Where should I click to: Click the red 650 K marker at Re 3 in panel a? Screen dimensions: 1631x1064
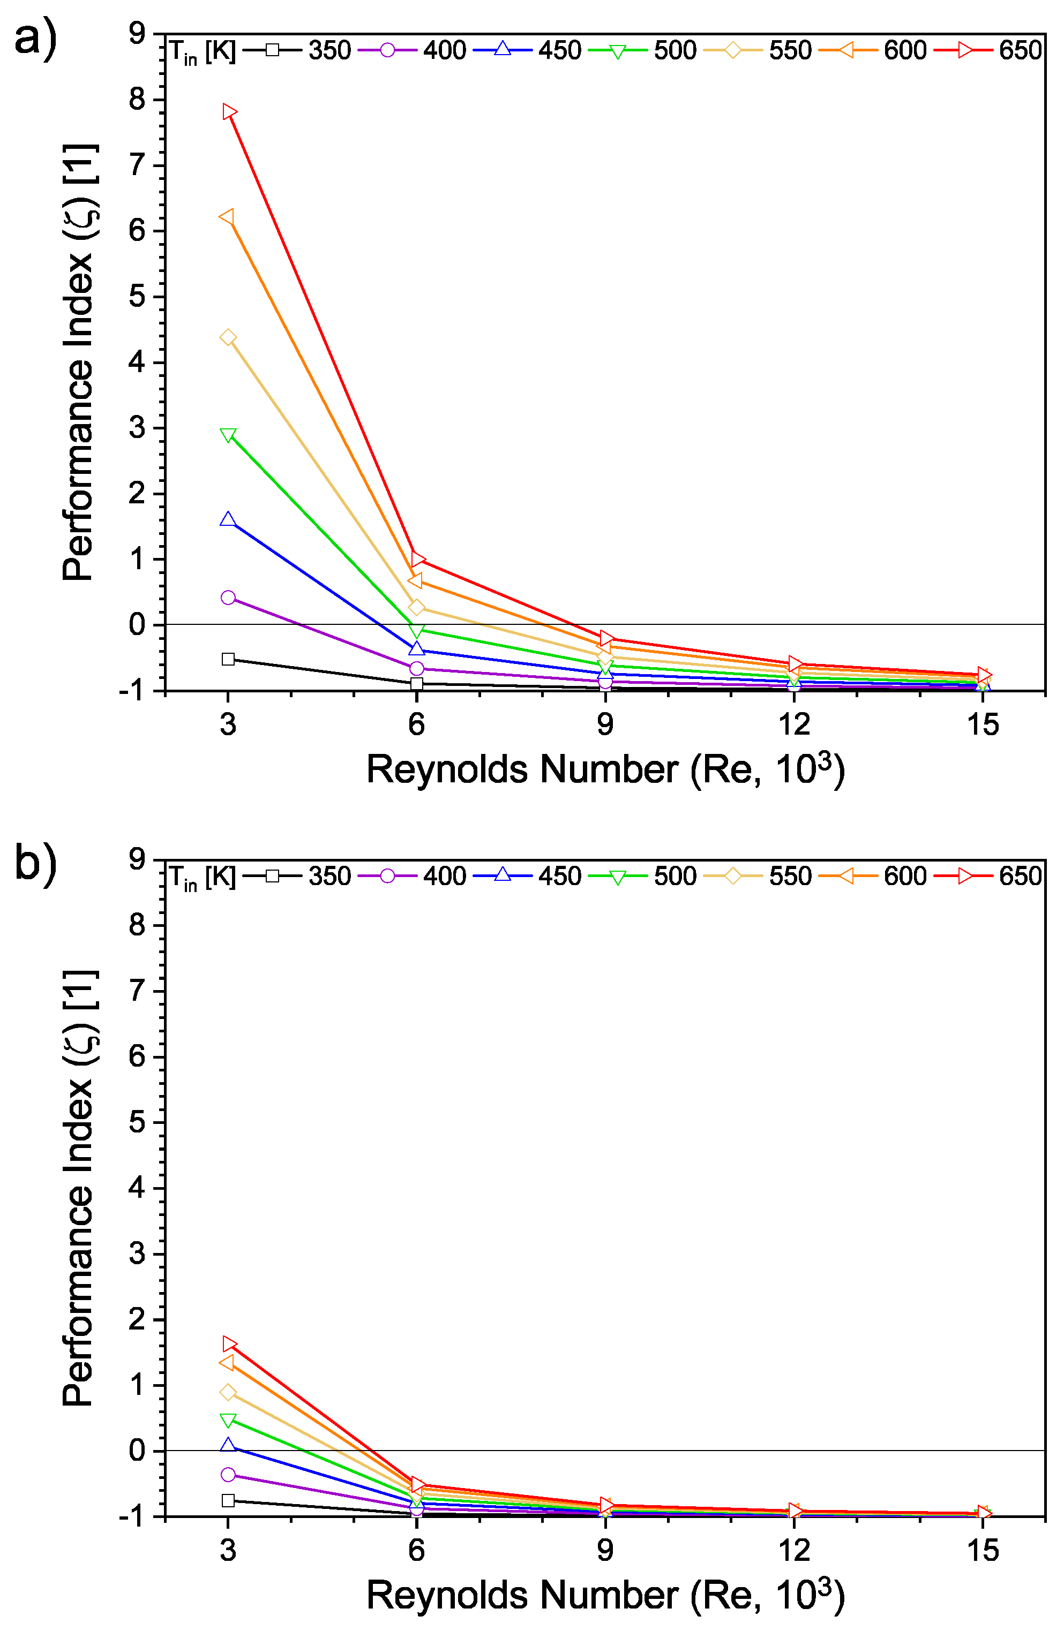tap(229, 112)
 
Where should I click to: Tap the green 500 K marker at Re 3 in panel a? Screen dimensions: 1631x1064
tap(228, 436)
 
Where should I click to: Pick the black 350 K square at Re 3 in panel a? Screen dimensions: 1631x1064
tap(228, 659)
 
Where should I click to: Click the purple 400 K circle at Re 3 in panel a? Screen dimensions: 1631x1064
tap(228, 598)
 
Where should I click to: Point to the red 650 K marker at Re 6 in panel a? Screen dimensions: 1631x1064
tap(417, 558)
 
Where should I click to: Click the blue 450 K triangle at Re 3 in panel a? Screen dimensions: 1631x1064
tap(228, 519)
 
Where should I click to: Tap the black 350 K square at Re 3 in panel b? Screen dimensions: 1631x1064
tap(228, 1501)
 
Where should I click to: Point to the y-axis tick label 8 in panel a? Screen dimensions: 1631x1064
tap(138, 100)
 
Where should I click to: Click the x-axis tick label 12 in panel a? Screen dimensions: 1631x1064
tap(794, 725)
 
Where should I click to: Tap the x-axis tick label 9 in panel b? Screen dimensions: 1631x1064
tap(605, 1551)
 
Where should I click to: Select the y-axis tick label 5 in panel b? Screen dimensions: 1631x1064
tap(138, 1122)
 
